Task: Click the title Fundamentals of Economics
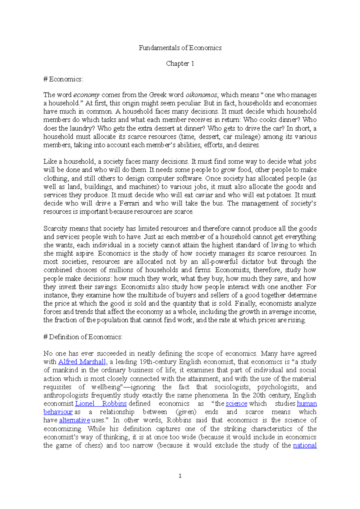point(180,48)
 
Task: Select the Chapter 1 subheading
point(180,64)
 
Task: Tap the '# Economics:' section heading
point(63,79)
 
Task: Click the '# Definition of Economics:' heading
point(83,337)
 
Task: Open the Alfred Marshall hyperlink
point(82,362)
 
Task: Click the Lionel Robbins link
point(101,404)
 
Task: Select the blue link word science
point(236,404)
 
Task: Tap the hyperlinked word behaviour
point(58,412)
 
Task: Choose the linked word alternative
point(74,420)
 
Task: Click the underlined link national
point(304,445)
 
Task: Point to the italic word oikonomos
point(201,95)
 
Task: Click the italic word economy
point(86,95)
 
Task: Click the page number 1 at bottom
point(180,476)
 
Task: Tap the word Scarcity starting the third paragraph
point(55,228)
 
